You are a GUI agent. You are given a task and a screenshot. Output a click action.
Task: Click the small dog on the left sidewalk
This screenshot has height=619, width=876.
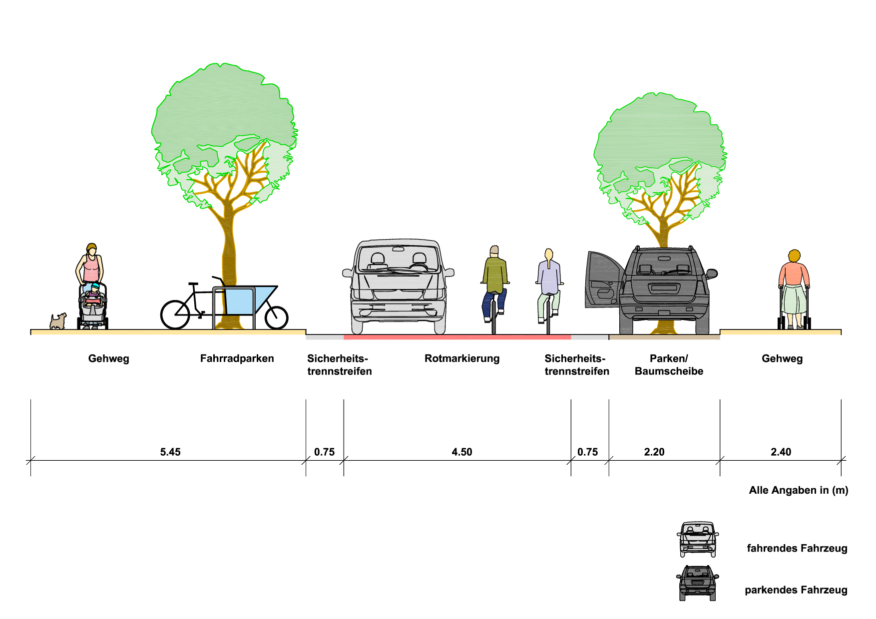coord(58,321)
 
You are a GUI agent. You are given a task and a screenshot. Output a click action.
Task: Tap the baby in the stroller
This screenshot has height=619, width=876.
coord(93,294)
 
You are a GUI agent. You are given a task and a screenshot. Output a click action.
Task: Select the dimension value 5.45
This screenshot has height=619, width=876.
coord(170,452)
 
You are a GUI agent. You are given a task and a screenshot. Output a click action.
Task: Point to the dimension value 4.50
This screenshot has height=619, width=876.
coord(462,452)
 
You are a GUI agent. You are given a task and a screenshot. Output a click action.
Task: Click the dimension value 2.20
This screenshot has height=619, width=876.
coord(654,452)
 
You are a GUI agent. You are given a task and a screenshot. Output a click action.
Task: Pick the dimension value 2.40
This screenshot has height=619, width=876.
coord(781,452)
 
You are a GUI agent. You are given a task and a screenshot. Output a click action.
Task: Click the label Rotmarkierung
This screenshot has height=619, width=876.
coord(462,358)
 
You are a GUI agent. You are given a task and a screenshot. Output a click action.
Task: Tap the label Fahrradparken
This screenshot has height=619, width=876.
coord(237,358)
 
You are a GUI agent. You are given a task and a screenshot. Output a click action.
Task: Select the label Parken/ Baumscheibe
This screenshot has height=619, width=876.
coord(669,365)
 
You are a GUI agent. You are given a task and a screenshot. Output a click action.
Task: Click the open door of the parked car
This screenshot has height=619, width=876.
coord(604,280)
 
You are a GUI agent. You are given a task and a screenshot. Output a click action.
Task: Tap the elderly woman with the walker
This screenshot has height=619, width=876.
coord(794,290)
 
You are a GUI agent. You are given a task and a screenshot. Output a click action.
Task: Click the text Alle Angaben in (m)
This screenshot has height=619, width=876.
coord(799,490)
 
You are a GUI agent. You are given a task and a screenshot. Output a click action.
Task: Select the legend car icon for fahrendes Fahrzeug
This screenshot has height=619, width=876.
coord(698,539)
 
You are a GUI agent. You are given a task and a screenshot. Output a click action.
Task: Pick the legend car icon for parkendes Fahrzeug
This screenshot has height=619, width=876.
coord(698,583)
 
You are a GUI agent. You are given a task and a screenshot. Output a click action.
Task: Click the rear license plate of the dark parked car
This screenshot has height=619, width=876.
coord(664,288)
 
